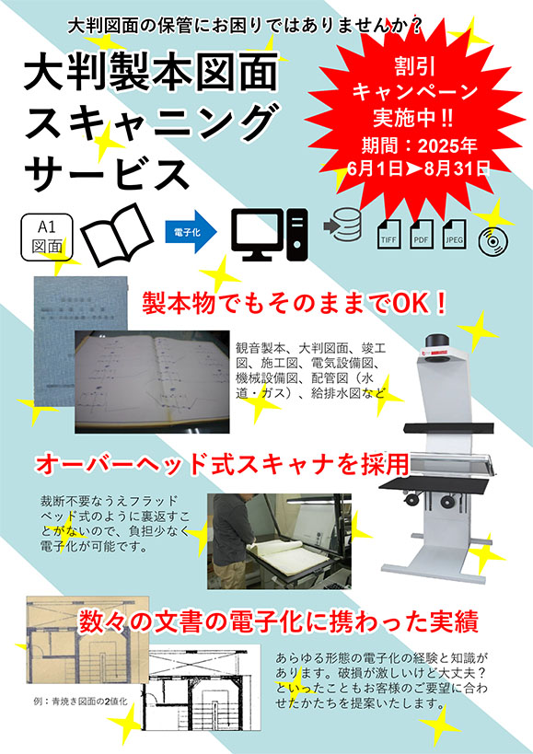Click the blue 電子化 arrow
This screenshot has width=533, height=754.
pos(191,232)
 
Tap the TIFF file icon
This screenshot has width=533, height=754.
pos(388,234)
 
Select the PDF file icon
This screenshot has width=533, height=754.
pos(422,234)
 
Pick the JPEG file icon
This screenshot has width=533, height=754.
pos(454,234)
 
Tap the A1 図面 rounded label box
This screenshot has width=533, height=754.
pos(47,237)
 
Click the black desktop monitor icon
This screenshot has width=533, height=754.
pos(269,235)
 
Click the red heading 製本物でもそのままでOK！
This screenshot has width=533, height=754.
pos(295,304)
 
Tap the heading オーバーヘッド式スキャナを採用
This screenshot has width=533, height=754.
pos(223,464)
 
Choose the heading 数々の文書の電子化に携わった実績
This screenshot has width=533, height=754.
pos(278,622)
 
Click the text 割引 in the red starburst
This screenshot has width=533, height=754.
pos(415,67)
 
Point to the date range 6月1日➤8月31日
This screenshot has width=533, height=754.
pos(417,168)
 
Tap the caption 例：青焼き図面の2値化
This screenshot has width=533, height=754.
pos(81,702)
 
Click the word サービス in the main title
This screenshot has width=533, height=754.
pos(107,174)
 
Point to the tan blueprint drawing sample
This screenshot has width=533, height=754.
pos(87,640)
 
